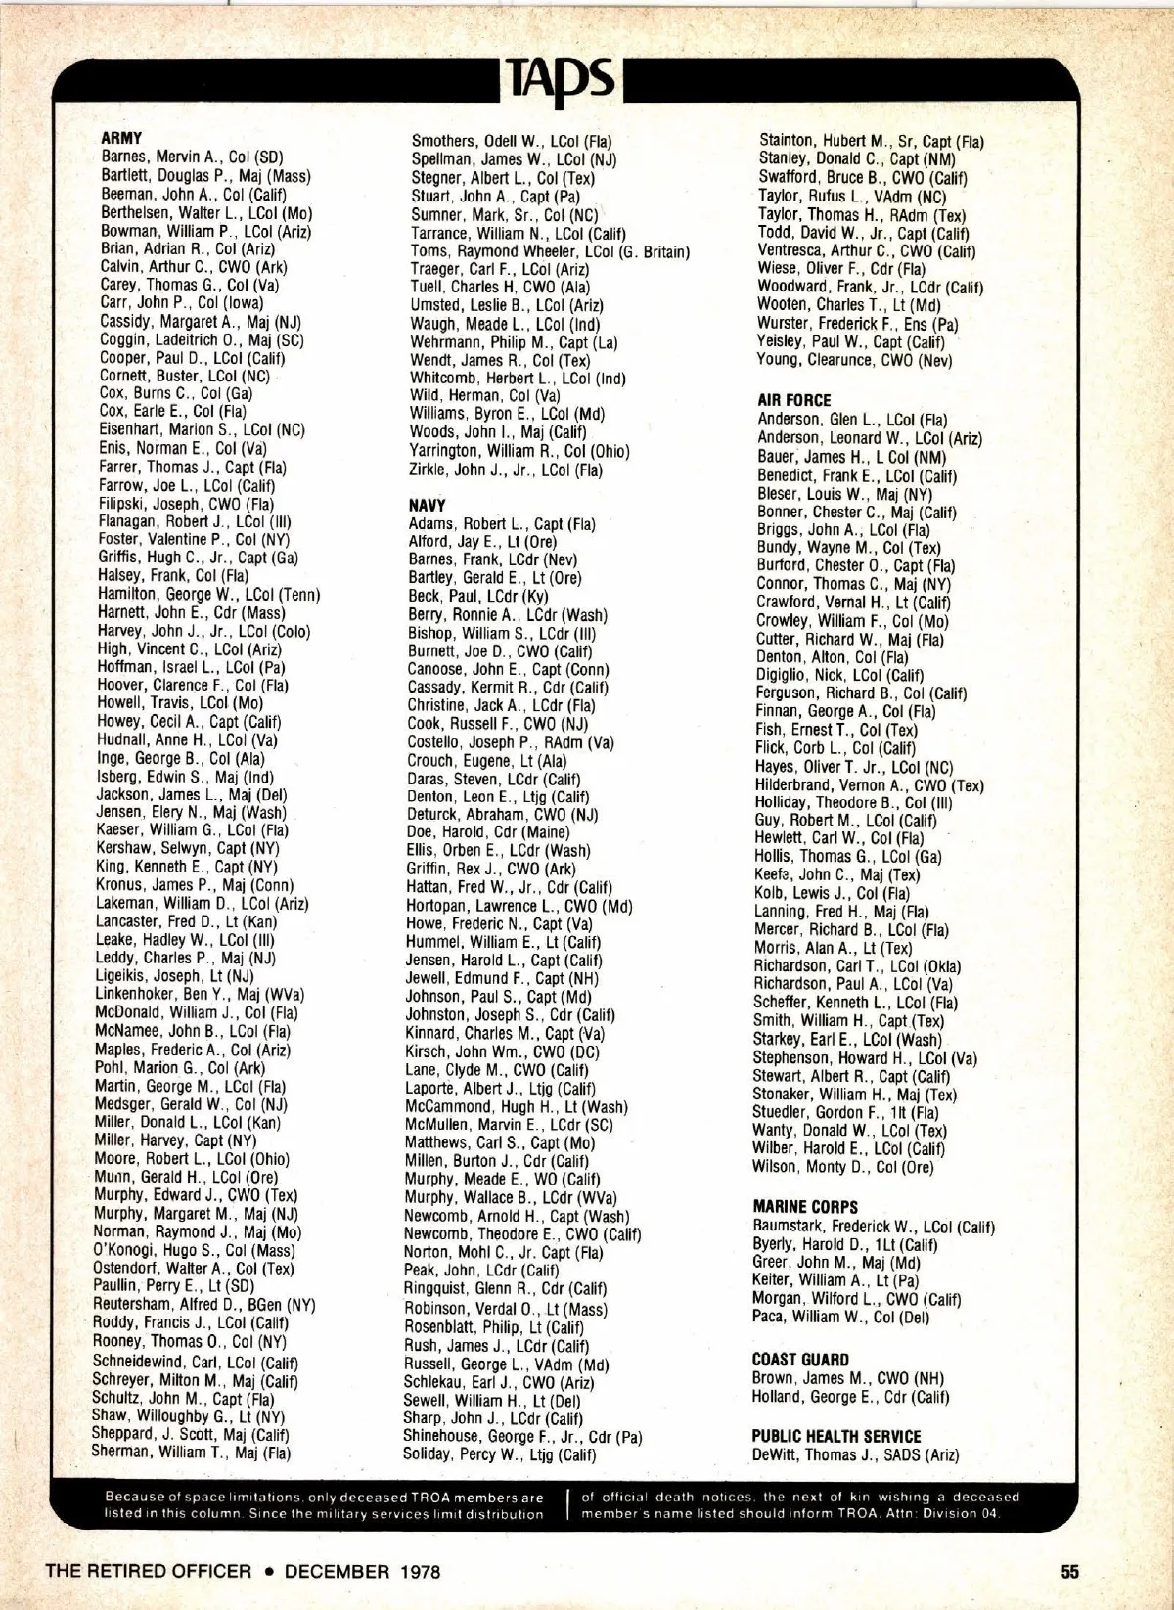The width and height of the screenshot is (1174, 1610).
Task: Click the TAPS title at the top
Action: tap(561, 77)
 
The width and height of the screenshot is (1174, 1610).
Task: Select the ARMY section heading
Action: tap(121, 138)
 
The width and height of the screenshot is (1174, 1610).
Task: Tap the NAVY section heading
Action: tap(427, 505)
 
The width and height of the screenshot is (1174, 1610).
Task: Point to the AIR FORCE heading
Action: tap(793, 400)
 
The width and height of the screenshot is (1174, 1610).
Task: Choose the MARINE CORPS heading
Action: tap(805, 1207)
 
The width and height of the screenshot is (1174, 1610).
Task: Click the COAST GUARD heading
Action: tap(800, 1360)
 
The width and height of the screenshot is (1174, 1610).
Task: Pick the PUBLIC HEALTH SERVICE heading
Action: tap(836, 1436)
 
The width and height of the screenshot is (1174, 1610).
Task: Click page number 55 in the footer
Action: tap(1069, 1572)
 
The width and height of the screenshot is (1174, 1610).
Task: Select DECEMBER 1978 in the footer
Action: tap(362, 1572)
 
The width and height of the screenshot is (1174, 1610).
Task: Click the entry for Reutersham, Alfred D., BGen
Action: tap(203, 1305)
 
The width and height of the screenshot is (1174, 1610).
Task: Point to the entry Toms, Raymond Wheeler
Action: tap(550, 251)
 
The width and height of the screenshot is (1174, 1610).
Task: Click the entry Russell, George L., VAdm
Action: tap(506, 1364)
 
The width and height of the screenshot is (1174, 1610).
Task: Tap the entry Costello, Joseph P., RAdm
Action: tap(511, 742)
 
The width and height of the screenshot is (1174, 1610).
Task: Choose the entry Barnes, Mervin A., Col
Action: tap(193, 157)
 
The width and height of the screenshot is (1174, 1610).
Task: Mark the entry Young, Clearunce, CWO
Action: tap(854, 360)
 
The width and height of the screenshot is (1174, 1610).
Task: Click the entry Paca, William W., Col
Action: tap(840, 1317)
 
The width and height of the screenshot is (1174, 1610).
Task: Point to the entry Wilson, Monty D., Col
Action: tap(842, 1166)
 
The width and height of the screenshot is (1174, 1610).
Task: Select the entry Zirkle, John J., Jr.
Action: tap(506, 470)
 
